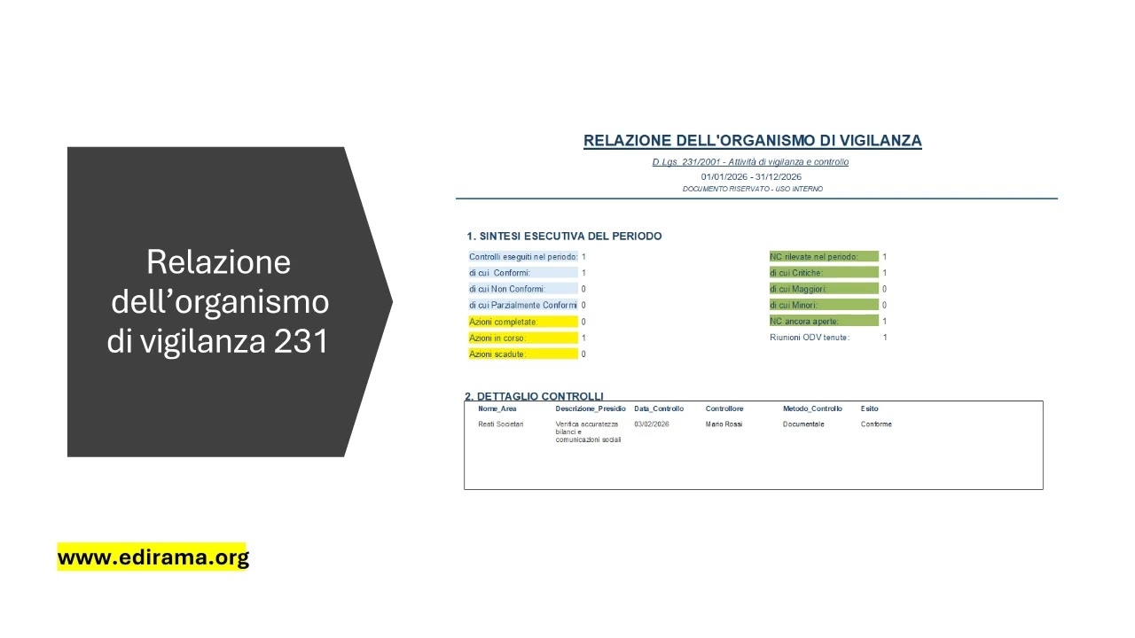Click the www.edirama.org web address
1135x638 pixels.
tap(153, 557)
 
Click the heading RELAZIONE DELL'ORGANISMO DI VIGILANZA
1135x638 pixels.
tap(752, 141)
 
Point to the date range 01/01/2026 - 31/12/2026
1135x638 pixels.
tap(751, 176)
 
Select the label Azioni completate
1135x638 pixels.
tap(504, 322)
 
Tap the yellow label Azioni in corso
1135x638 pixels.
tap(497, 338)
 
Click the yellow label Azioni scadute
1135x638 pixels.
tap(497, 354)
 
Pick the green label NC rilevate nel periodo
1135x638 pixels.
tap(814, 257)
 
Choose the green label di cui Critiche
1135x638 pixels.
tap(796, 273)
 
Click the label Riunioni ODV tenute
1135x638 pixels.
tap(810, 338)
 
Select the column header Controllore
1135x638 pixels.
tap(724, 409)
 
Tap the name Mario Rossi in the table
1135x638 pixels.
tap(724, 424)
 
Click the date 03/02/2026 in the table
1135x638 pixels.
tap(652, 424)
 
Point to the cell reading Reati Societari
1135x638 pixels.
tap(501, 424)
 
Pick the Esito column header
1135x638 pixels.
tap(869, 409)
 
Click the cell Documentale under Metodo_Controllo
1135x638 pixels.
tap(803, 424)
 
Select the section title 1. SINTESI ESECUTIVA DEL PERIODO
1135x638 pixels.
tap(564, 237)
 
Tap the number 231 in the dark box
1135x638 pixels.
tap(301, 341)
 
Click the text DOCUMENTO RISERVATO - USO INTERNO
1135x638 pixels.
tap(752, 189)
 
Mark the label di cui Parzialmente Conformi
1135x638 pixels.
tap(522, 306)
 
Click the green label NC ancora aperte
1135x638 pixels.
tap(804, 322)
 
